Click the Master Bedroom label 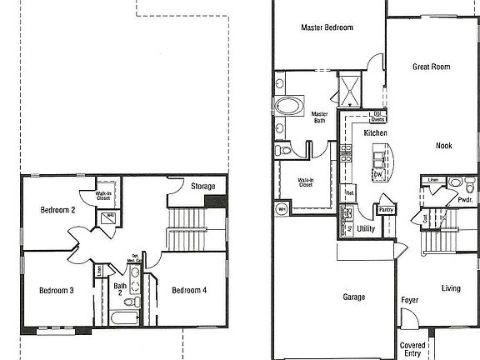tap(327, 27)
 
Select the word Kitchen tap(376, 132)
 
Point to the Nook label tap(444, 146)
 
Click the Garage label tap(354, 296)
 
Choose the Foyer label tap(409, 300)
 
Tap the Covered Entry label tap(412, 348)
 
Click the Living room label tap(451, 288)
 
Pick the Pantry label tap(387, 209)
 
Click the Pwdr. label tap(464, 200)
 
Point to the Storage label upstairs tap(203, 186)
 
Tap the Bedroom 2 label tap(58, 210)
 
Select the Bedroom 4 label tap(189, 290)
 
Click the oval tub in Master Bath tap(289, 107)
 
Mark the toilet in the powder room tap(455, 182)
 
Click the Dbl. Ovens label tap(377, 117)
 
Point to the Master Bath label tap(319, 117)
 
